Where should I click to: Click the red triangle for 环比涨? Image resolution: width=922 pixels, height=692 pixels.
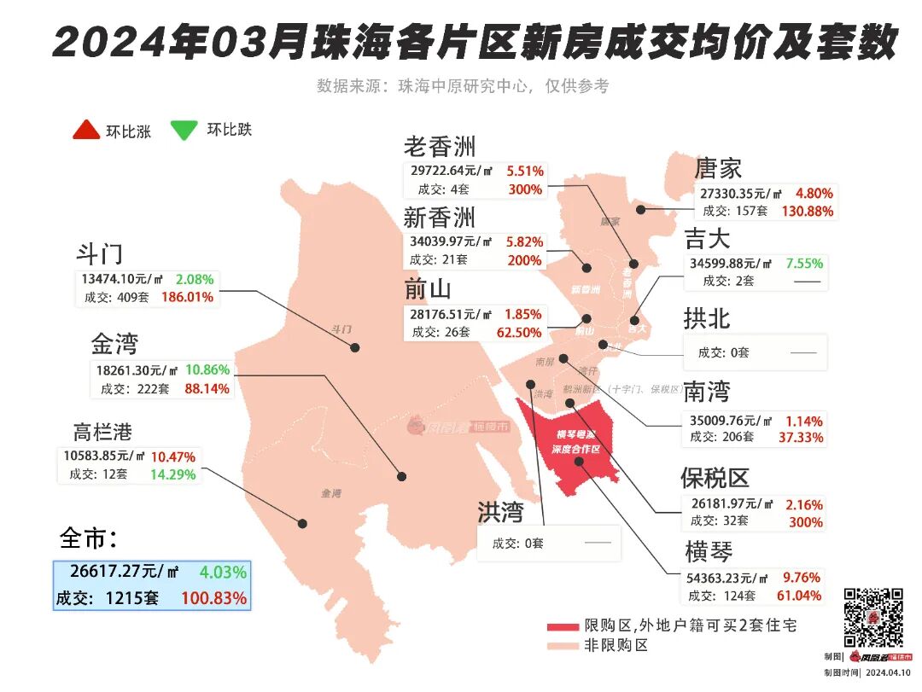[x=85, y=130]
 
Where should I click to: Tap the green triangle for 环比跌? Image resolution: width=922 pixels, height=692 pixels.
[x=184, y=130]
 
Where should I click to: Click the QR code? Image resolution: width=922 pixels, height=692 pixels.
[x=873, y=616]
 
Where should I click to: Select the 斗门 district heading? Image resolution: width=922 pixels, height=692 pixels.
[x=101, y=253]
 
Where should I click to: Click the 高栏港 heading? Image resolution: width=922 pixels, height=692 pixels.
[x=102, y=432]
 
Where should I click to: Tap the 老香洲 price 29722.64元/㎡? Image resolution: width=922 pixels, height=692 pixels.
[x=458, y=171]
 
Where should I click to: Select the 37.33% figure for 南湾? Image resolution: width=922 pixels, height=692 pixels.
[x=802, y=438]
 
